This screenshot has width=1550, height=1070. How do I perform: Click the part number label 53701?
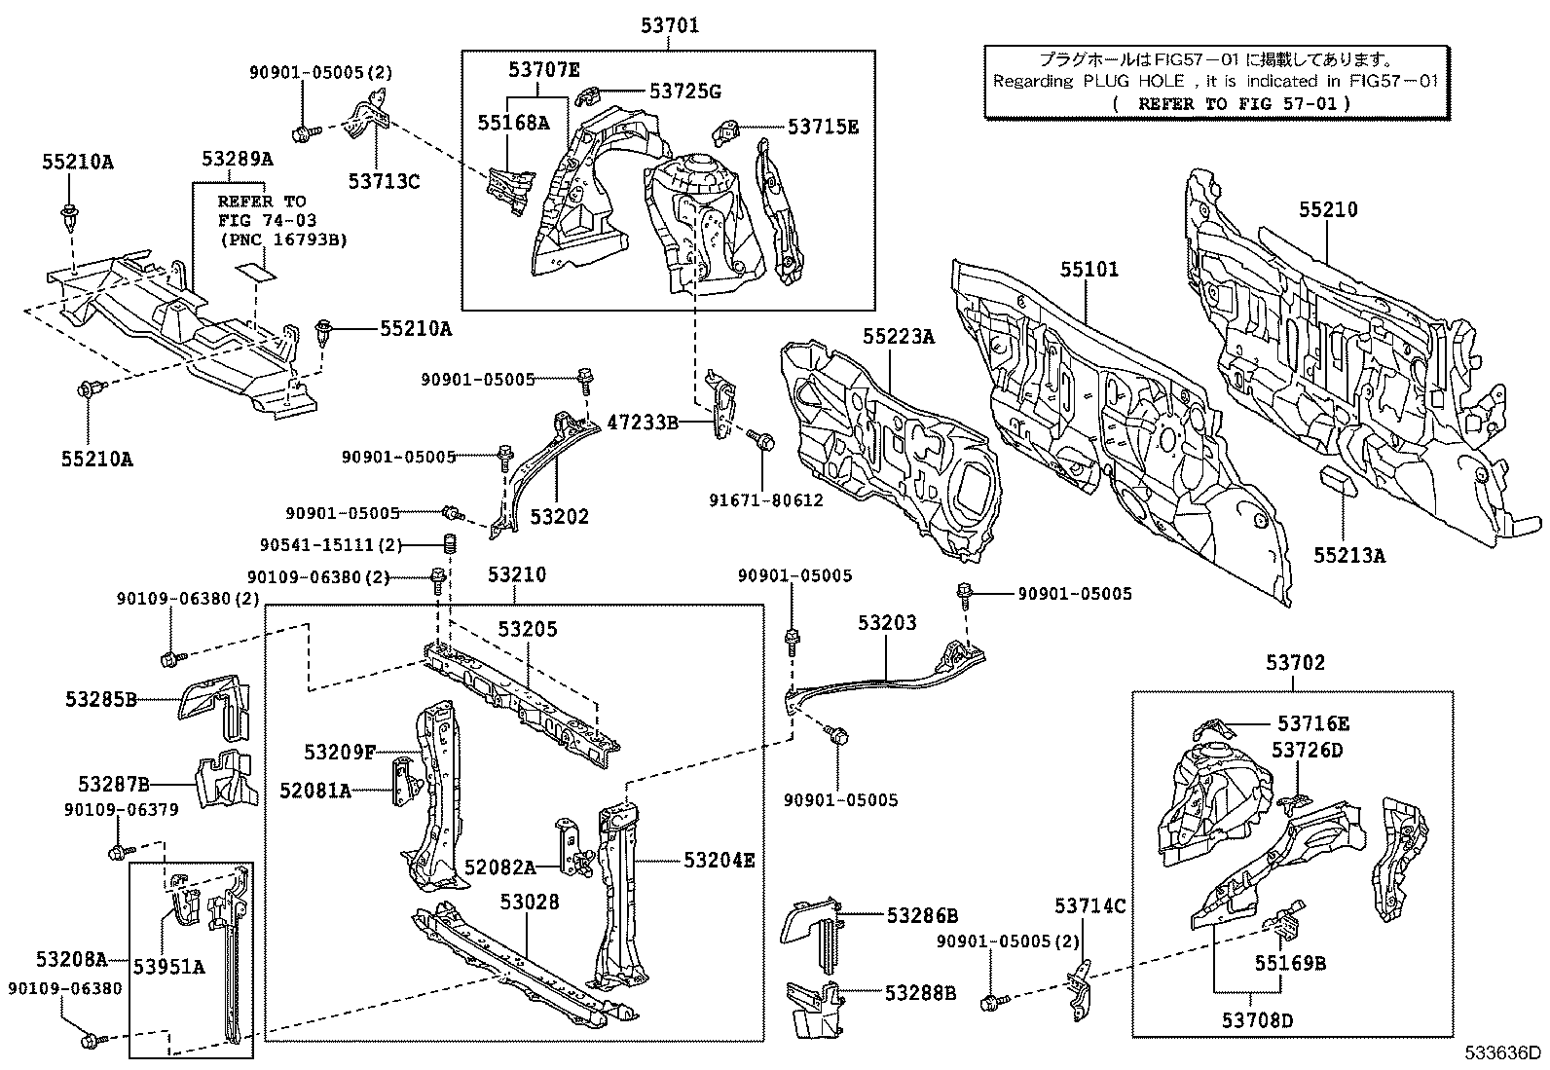point(669,26)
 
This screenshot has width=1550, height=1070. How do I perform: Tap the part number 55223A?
point(898,337)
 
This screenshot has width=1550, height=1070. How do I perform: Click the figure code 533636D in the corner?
point(1506,1052)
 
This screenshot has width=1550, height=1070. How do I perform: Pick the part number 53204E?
point(719,860)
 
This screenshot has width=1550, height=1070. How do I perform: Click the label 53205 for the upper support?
point(528,630)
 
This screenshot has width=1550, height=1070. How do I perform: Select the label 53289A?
point(238,159)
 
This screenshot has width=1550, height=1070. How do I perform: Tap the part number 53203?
point(886,622)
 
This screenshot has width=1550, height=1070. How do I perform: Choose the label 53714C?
point(1089,906)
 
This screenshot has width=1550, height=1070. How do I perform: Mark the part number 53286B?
point(921,915)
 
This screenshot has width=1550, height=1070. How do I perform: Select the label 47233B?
point(642,423)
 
